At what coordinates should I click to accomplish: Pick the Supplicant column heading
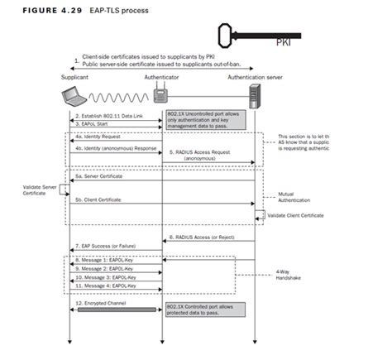pyautogui.click(x=74, y=77)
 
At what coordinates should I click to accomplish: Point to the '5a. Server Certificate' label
pyautogui.click(x=102, y=176)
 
